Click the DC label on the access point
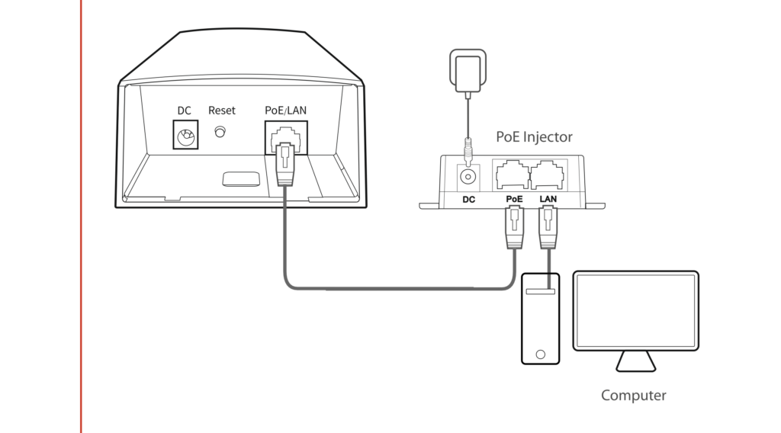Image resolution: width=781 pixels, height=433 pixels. (x=184, y=111)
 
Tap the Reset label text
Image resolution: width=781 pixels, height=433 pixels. (x=222, y=111)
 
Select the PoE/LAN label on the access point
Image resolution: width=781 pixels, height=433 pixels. (x=286, y=111)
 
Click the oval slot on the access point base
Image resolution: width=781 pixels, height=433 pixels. (x=239, y=178)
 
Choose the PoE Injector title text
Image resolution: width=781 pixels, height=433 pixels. (x=534, y=137)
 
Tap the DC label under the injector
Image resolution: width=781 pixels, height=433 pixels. (x=469, y=199)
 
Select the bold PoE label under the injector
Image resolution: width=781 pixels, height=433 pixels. (x=514, y=199)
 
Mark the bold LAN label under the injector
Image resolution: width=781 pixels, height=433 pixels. (x=548, y=199)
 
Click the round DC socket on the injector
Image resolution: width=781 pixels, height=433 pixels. (x=467, y=176)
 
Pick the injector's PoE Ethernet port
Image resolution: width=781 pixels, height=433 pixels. (x=512, y=175)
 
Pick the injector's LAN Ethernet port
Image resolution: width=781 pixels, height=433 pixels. (x=548, y=175)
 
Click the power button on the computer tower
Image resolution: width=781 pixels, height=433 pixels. (x=540, y=354)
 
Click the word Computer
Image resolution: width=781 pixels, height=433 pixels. (x=633, y=396)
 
